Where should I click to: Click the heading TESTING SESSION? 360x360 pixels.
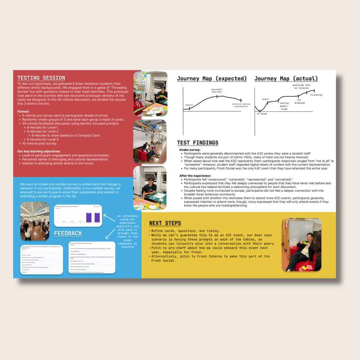41,78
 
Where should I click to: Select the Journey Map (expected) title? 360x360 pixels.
212,79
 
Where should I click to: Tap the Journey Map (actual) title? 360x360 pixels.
286,79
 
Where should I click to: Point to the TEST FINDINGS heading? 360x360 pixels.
198,143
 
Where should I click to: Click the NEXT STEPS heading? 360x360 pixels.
165,223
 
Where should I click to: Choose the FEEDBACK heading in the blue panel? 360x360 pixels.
68,233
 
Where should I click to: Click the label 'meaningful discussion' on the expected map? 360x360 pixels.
217,91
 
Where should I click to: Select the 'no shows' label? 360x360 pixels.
262,114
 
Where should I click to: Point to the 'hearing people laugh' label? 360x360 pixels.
284,106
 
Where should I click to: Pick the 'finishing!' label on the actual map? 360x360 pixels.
316,95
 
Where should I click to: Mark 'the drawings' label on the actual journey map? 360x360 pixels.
299,101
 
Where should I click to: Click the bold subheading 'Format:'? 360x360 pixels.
23,112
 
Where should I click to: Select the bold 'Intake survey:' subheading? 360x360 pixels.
190,150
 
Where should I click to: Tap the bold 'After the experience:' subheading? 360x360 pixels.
195,176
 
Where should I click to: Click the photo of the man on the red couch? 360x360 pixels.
301,245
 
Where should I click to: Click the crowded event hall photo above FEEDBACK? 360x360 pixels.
35,221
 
